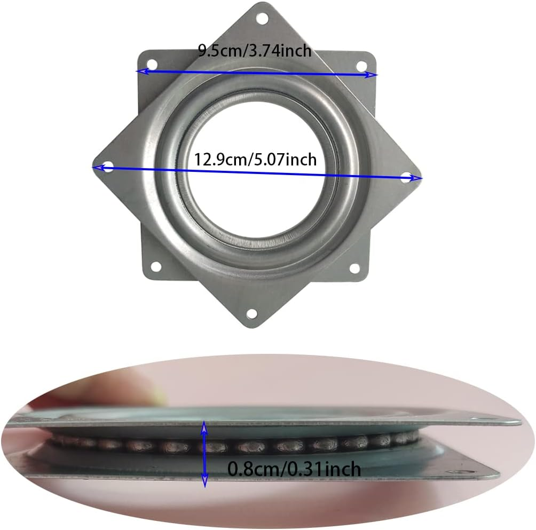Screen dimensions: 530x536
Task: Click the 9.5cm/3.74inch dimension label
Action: click(254, 51)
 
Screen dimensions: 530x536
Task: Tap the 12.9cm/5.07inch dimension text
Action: click(255, 159)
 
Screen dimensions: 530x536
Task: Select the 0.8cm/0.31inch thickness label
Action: click(294, 469)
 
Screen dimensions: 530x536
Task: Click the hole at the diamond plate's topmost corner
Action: click(262, 19)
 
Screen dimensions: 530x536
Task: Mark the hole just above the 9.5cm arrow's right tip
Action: click(361, 66)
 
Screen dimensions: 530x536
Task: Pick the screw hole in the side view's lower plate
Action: click(455, 472)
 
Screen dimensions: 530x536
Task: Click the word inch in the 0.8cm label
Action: click(340, 469)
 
